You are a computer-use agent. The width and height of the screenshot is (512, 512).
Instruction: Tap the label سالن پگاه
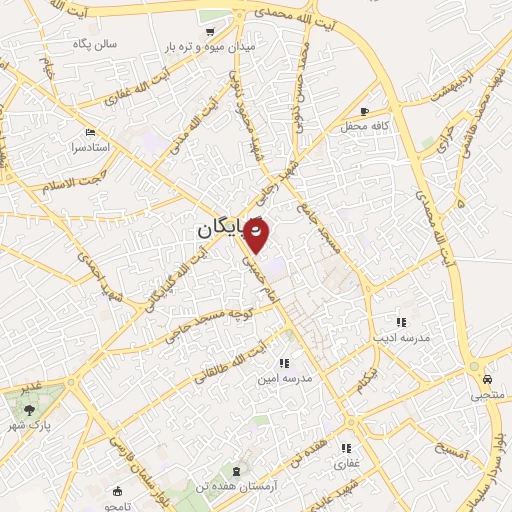point(98,44)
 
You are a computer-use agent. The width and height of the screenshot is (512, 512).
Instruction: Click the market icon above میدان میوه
point(209,16)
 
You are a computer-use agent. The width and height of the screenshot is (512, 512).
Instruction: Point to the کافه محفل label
point(363,126)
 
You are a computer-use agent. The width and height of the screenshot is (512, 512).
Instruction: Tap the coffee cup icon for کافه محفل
point(364,110)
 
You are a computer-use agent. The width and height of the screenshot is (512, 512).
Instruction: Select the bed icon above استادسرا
point(90,131)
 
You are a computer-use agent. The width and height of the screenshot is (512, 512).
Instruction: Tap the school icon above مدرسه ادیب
point(401,321)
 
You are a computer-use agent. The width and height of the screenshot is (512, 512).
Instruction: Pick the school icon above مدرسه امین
point(284,363)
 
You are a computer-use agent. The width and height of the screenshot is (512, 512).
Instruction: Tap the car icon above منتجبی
point(486,381)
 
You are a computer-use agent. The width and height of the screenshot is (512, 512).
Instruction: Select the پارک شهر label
point(29,426)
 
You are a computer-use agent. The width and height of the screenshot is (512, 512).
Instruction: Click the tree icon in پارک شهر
point(29,409)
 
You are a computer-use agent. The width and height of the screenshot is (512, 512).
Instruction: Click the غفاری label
point(346,464)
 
